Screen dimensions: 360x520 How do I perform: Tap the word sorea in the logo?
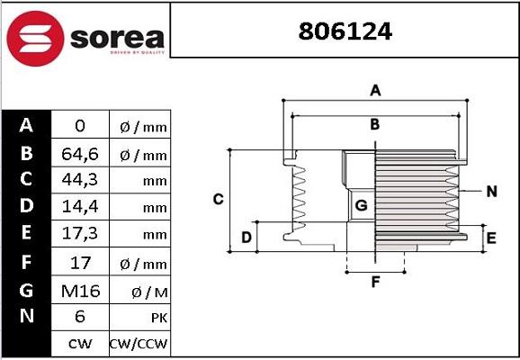pos(115,39)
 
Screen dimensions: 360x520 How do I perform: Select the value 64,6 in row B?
pos(79,154)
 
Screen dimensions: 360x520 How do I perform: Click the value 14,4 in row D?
pos(79,206)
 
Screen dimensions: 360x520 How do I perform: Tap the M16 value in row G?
pos(79,290)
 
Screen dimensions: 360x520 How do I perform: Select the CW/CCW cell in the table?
pos(139,344)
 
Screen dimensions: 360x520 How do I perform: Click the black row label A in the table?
pos(26,125)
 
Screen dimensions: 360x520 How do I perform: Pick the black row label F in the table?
pos(26,262)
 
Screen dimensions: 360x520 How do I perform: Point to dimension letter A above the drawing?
pos(376,89)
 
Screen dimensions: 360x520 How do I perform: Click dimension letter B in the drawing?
pos(375,125)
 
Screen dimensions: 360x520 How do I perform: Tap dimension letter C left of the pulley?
pos(218,199)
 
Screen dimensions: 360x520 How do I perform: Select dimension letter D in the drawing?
pos(246,238)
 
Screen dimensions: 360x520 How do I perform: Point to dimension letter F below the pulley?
pos(376,283)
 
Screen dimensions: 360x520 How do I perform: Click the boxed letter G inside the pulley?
pos(361,205)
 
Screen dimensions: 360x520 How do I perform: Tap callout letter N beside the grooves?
pos(491,191)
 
